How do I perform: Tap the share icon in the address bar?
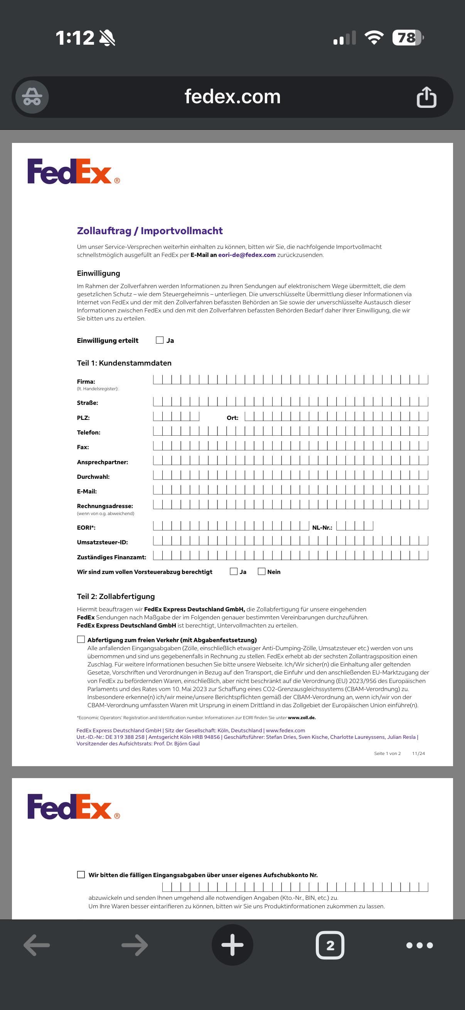tap(426, 97)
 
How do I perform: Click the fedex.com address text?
tap(232, 97)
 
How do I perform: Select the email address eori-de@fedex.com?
tap(247, 255)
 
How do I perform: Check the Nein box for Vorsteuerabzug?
tap(261, 571)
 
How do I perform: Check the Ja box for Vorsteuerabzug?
tap(234, 571)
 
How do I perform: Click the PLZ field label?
tap(83, 418)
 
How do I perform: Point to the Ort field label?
tap(232, 418)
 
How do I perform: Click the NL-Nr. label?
tap(322, 527)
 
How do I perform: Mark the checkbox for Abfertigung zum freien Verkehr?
tap(81, 639)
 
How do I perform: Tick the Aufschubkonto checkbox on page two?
tap(81, 874)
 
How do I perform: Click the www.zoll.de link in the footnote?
tap(302, 718)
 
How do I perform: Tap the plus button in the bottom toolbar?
tap(232, 945)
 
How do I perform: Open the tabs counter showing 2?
tap(330, 945)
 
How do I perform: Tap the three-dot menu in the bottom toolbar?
tap(420, 945)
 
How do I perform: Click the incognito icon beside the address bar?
tap(32, 97)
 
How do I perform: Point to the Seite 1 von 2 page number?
tap(387, 753)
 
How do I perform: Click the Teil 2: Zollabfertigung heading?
tap(116, 596)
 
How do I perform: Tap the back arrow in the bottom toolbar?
tap(37, 945)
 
